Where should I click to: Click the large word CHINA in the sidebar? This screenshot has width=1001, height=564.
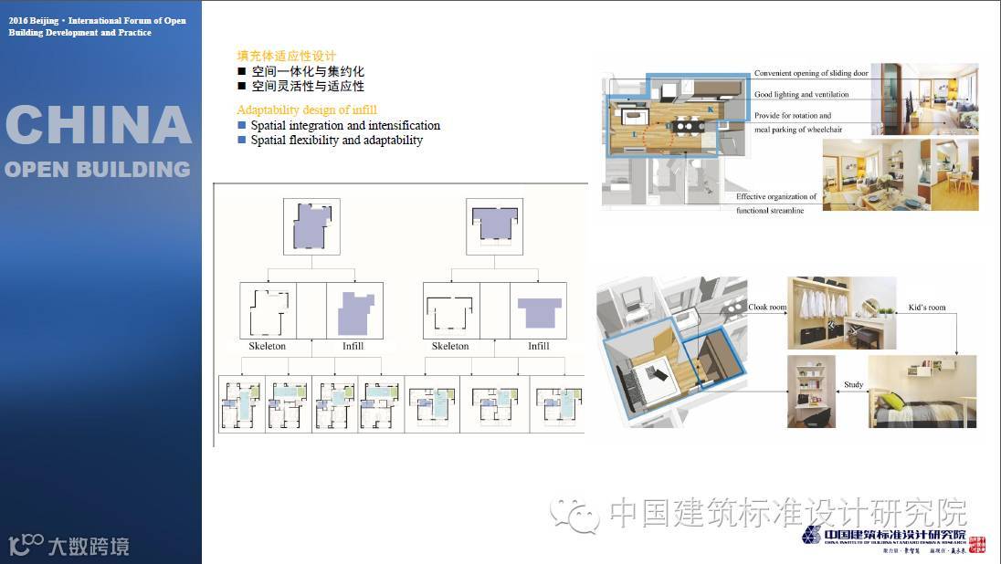(99, 126)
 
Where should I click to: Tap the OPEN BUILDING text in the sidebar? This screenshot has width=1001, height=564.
(98, 169)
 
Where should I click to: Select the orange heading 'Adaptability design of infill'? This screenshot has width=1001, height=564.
(307, 110)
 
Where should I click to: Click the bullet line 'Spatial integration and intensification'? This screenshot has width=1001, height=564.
(345, 126)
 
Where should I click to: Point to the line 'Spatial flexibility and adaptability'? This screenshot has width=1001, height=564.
(336, 141)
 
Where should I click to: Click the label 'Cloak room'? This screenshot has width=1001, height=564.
(767, 308)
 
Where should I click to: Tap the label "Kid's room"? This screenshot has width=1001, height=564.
(926, 308)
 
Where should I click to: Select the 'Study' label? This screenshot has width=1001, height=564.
(853, 385)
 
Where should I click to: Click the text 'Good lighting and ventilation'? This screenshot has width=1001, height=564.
(801, 95)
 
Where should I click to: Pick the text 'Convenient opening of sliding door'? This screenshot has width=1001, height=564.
(811, 73)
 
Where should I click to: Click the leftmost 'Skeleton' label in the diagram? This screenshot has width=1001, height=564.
(267, 347)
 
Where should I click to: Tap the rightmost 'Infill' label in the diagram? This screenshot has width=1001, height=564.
(538, 347)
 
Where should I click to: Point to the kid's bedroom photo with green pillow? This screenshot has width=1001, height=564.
(921, 392)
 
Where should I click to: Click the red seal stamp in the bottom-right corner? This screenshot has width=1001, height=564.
(976, 545)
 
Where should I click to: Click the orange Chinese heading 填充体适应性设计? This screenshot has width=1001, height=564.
(286, 56)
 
